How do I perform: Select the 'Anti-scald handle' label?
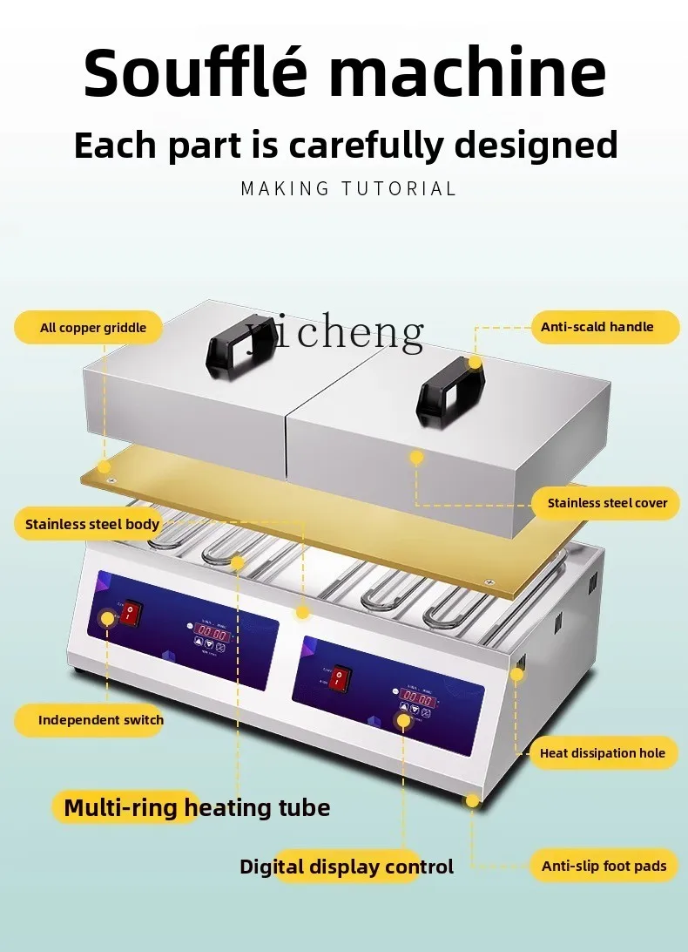click(x=597, y=327)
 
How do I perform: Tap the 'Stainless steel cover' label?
click(x=607, y=503)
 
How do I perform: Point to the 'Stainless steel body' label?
click(x=91, y=524)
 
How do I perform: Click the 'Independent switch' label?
click(x=100, y=720)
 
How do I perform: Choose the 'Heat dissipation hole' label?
click(x=602, y=753)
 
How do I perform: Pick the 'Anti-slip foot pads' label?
click(x=604, y=866)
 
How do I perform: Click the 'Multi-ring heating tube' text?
click(x=197, y=807)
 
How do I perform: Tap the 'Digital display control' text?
click(x=347, y=867)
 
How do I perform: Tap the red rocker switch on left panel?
click(x=130, y=612)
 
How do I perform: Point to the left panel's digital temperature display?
click(x=212, y=633)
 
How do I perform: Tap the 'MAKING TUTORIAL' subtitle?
click(x=348, y=188)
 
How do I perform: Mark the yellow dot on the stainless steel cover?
click(x=416, y=456)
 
